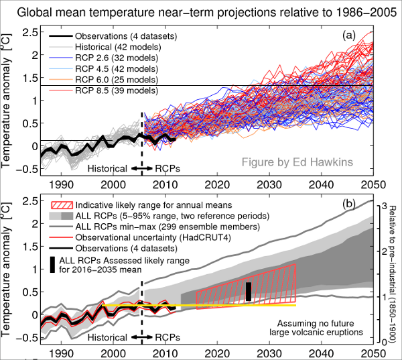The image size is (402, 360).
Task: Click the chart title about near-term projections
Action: (x=201, y=11)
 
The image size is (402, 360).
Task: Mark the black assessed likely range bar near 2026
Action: (x=249, y=291)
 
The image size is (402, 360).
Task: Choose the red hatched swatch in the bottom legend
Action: (x=61, y=204)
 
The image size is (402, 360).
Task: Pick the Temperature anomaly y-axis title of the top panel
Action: (x=9, y=101)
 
